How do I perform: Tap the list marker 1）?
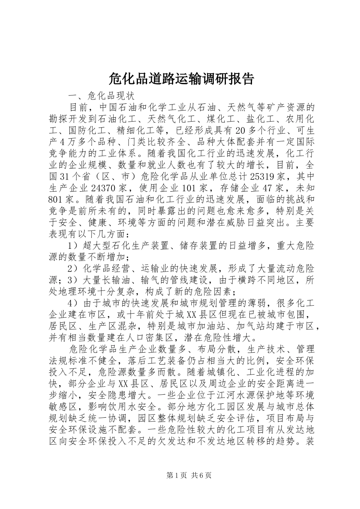click(x=75, y=246)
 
